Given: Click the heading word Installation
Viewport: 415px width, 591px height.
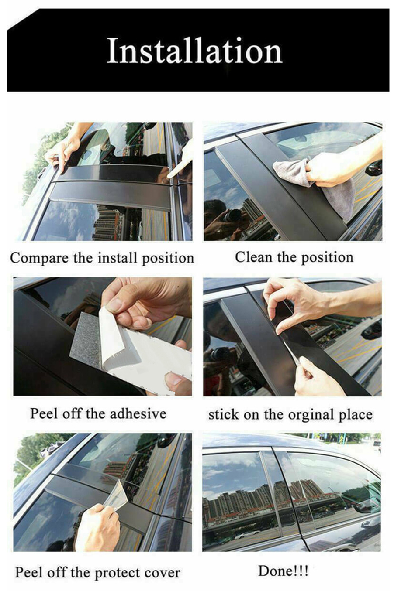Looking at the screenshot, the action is point(194,50).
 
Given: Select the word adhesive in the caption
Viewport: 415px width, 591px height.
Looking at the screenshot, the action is point(138,413).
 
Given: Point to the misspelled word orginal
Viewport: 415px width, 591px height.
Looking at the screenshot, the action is point(311,415).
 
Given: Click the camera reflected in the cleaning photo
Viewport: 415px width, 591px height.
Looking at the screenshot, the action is point(229,215).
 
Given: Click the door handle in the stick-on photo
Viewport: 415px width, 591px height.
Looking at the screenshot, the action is point(371,328).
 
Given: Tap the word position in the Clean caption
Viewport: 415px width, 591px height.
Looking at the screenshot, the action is point(327,258).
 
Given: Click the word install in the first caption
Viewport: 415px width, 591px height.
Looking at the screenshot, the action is point(118,258).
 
